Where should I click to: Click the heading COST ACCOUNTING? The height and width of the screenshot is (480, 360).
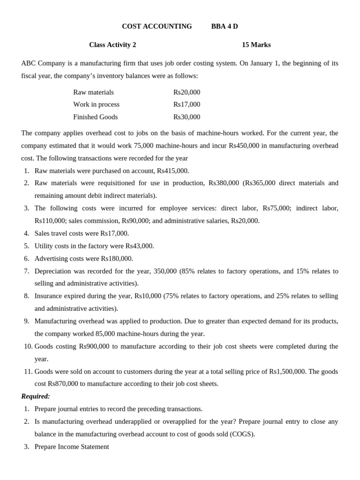tap(157, 26)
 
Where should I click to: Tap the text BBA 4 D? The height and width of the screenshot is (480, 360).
tap(225, 26)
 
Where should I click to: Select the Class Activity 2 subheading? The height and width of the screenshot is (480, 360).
tap(112, 45)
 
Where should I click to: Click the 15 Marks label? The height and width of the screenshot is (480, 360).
tap(256, 45)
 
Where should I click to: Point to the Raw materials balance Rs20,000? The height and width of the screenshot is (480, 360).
tap(187, 92)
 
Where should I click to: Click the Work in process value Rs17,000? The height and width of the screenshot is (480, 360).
tap(187, 105)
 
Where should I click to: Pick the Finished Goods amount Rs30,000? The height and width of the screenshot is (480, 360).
tap(187, 117)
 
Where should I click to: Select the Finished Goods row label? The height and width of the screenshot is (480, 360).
tap(95, 117)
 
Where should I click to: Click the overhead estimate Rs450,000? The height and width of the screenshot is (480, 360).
tap(244, 146)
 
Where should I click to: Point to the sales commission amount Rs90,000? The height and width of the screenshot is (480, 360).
tap(136, 221)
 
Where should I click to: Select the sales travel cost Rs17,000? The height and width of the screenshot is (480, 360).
tap(114, 233)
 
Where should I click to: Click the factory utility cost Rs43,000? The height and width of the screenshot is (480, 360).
tap(139, 246)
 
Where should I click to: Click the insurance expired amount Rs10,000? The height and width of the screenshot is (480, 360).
tap(148, 296)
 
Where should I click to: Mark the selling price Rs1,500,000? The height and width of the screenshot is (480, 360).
tap(287, 372)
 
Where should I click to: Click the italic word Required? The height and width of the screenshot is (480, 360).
tap(36, 397)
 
